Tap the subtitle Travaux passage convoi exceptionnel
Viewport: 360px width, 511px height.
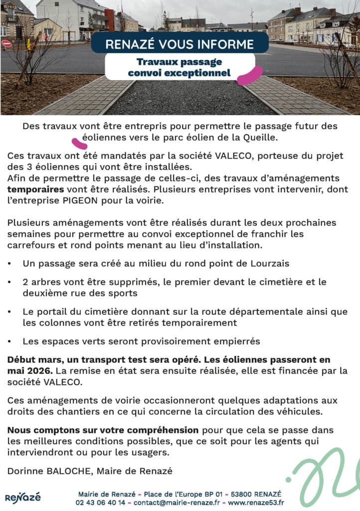pos(180,67)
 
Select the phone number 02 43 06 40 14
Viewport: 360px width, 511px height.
pos(100,503)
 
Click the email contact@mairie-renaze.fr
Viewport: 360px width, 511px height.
pos(176,503)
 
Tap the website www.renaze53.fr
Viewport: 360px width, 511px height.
pos(256,503)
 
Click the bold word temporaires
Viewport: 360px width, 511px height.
pos(35,190)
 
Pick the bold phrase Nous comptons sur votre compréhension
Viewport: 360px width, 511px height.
pos(103,430)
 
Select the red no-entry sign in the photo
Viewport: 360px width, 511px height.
pos(6,43)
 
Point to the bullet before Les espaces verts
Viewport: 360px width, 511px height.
pos(10,342)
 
